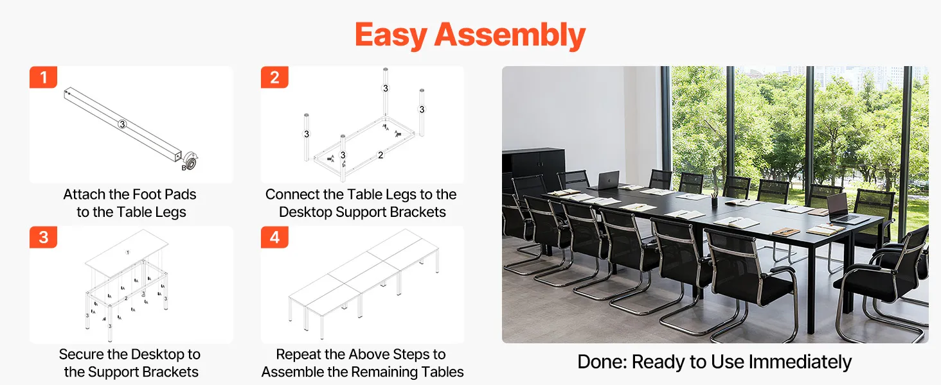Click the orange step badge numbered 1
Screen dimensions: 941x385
click(x=43, y=77)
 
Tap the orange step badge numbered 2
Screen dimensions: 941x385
click(x=274, y=77)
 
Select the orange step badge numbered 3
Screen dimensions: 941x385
click(x=43, y=237)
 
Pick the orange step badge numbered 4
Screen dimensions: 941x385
click(x=274, y=237)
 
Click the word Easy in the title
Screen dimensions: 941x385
click(x=391, y=35)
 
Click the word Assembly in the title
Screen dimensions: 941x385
click(x=510, y=35)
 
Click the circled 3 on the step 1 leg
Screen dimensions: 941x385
click(x=122, y=124)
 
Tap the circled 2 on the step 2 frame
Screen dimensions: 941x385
click(x=381, y=155)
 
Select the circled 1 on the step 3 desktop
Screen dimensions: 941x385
click(x=128, y=252)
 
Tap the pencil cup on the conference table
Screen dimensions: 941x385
click(x=714, y=201)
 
